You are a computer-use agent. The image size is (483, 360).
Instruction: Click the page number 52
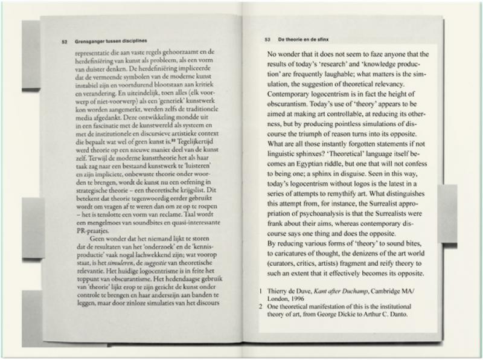click(x=63, y=42)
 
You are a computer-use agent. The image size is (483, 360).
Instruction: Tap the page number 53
click(x=268, y=40)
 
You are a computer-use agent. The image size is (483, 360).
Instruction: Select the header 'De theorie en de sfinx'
click(x=302, y=40)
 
